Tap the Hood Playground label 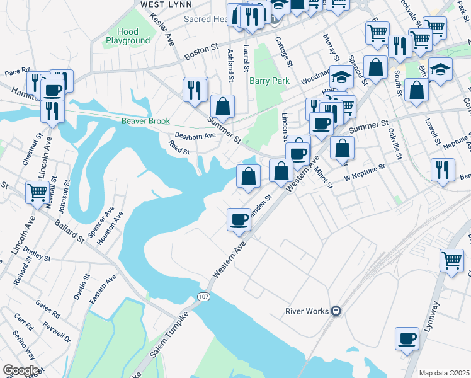pos(128,36)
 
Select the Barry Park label pos(269,81)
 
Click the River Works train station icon pos(337,311)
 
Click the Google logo pos(21,370)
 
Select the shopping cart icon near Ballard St pos(37,192)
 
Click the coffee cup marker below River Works pos(407,338)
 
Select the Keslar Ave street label pos(162,28)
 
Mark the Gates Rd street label pos(47,308)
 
